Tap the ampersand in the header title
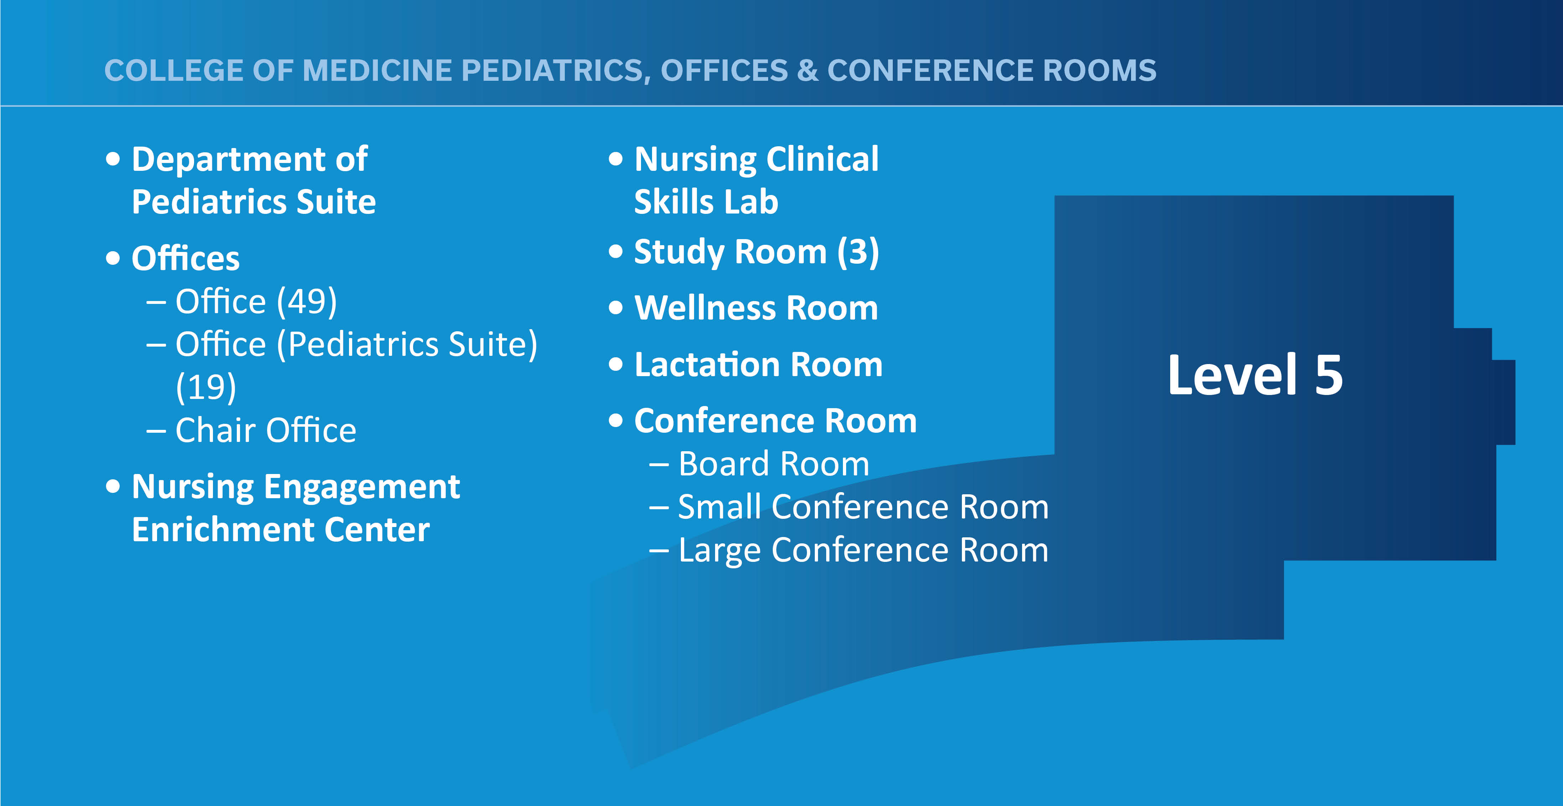pos(808,70)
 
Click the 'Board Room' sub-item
pos(773,464)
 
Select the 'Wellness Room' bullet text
pos(756,308)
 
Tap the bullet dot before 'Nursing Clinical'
pos(616,159)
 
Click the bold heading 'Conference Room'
pos(775,421)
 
